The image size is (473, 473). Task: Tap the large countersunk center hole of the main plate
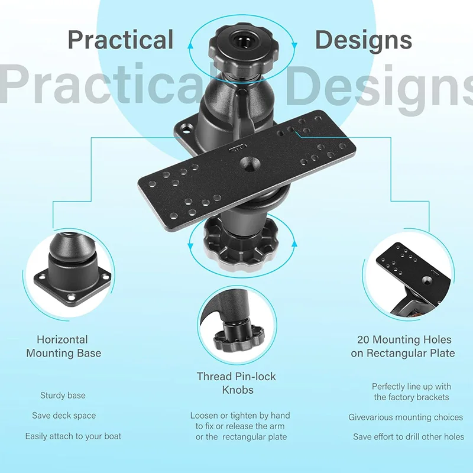click(x=250, y=164)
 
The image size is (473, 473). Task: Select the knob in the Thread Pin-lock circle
click(x=239, y=338)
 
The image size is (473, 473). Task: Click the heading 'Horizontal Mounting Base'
click(x=63, y=346)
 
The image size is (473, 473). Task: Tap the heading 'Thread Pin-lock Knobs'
click(x=237, y=383)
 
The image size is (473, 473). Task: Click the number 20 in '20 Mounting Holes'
click(x=364, y=339)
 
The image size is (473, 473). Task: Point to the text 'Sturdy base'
click(x=63, y=395)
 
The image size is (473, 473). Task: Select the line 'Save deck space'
click(x=64, y=416)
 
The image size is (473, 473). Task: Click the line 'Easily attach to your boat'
click(x=73, y=436)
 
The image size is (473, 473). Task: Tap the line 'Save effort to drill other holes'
click(x=409, y=436)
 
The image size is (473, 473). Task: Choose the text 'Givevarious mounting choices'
click(x=406, y=417)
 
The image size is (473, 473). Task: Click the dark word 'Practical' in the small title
click(x=121, y=40)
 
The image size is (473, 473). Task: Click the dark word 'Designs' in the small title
click(x=364, y=40)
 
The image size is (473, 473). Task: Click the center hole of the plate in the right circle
click(x=426, y=280)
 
